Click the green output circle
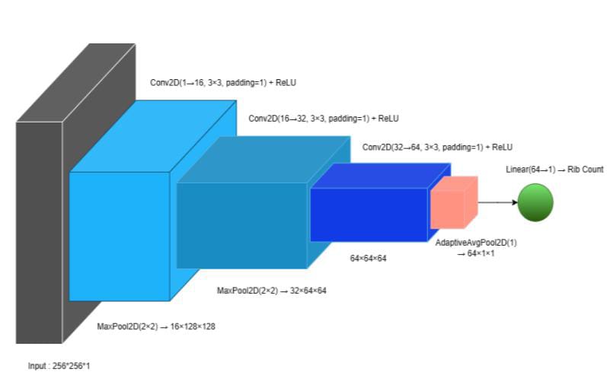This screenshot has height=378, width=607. click(535, 203)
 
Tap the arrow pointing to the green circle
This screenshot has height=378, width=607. click(497, 203)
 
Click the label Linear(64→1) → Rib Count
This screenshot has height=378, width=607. click(554, 170)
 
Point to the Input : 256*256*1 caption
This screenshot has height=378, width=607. click(59, 366)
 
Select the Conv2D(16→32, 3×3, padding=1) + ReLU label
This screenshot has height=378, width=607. click(324, 119)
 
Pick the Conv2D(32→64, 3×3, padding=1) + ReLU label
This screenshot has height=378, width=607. click(437, 147)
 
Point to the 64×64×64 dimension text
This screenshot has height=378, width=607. click(369, 259)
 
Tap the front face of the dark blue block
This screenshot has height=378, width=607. click(369, 214)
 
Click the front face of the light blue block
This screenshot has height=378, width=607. click(119, 236)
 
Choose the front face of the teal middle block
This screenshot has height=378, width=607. click(241, 225)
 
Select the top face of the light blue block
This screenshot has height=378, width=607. click(152, 137)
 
